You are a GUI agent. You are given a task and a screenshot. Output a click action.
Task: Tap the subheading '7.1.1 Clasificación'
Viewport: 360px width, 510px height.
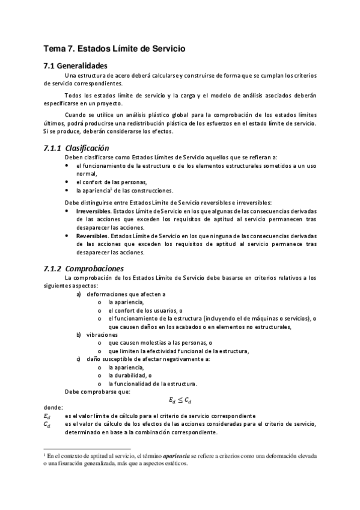pyautogui.click(x=76, y=147)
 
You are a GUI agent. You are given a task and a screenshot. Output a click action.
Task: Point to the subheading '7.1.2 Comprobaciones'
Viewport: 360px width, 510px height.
pyautogui.click(x=84, y=268)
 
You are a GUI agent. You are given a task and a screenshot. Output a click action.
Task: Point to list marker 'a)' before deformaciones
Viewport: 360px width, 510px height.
pyautogui.click(x=79, y=294)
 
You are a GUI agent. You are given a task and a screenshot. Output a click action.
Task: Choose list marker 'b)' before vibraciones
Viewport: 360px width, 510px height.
pyautogui.click(x=79, y=334)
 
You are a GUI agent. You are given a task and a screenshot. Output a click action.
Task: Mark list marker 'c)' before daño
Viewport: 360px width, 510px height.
pyautogui.click(x=79, y=359)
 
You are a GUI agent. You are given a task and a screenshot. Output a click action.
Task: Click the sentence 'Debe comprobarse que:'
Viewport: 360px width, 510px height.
pyautogui.click(x=97, y=392)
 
